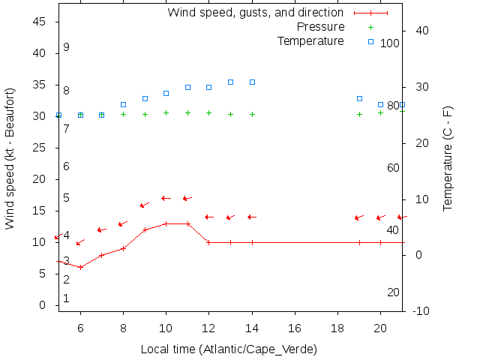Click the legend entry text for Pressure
pos(320,27)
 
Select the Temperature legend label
pos(310,40)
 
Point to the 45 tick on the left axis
pos(40,22)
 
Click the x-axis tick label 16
pos(295,327)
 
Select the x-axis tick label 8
pos(123,327)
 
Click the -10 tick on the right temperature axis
pos(421,311)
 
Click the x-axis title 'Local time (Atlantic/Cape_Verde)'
pos(229,349)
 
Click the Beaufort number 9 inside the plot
pos(66,47)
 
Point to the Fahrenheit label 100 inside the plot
pos(390,43)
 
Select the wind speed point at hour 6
pos(80,267)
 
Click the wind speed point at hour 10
pos(166,223)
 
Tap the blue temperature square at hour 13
pos(231,82)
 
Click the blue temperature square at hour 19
pos(360,98)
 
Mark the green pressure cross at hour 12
pos(209,112)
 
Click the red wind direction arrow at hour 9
pos(145,205)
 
